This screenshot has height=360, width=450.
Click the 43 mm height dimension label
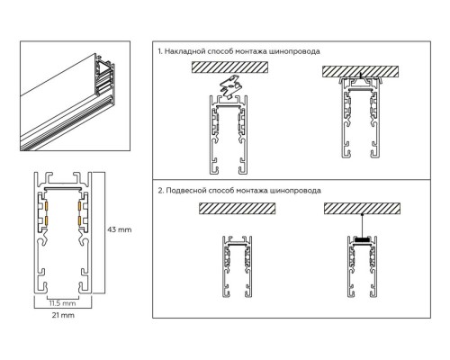click(121, 229)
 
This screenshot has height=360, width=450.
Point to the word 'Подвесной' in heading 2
click(187, 191)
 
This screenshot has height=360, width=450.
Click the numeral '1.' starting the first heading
click(160, 52)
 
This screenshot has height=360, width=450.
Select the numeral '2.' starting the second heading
click(160, 191)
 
